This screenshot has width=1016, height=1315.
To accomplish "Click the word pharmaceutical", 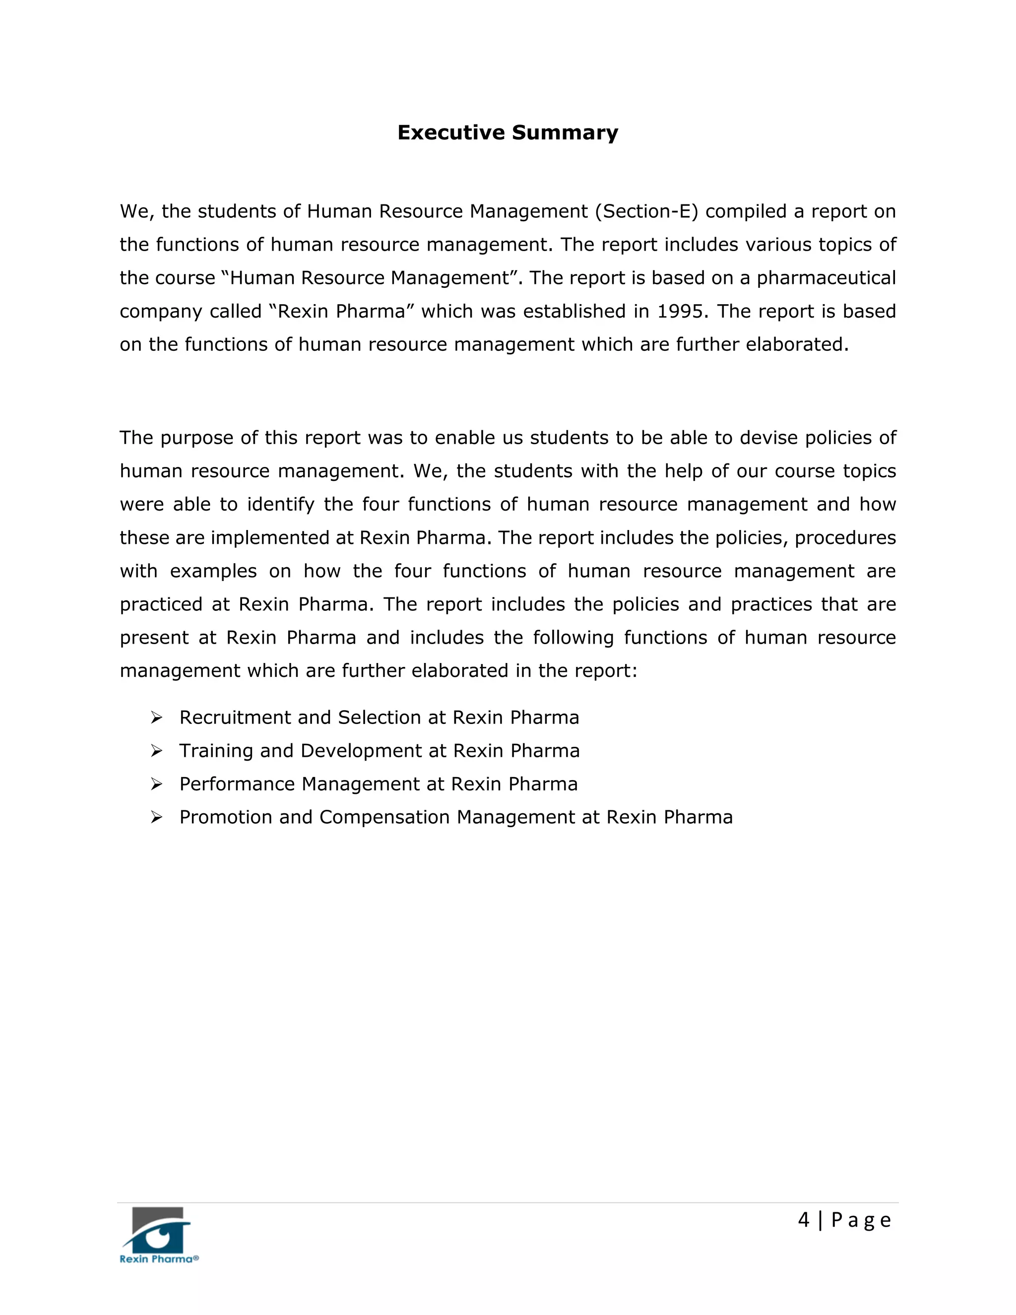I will click(x=826, y=278).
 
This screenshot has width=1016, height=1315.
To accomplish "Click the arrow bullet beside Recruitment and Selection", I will click(x=156, y=718).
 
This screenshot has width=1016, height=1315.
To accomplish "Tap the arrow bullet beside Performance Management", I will click(x=156, y=784).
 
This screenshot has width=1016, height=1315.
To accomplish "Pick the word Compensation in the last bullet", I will click(x=384, y=818).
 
